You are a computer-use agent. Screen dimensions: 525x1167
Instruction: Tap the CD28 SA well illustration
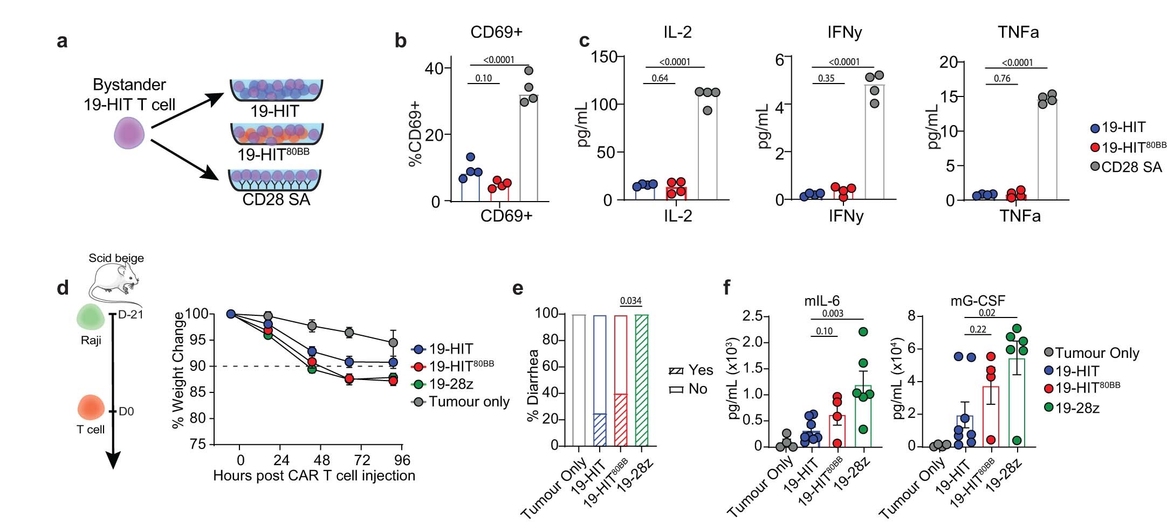[x=275, y=181]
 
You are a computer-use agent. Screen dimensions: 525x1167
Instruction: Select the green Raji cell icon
[x=90, y=317]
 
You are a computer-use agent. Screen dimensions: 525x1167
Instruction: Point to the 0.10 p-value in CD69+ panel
[x=483, y=78]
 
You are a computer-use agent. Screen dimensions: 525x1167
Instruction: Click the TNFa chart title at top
[x=1018, y=32]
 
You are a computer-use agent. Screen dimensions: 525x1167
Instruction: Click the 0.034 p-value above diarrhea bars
[x=630, y=301]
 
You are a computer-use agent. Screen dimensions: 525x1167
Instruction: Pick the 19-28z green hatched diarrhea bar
[x=642, y=380]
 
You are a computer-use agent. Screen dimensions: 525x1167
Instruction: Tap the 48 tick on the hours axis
[x=321, y=460]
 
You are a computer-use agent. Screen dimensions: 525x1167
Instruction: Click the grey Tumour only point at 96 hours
[x=393, y=342]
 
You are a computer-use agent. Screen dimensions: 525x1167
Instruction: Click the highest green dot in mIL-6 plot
[x=863, y=332]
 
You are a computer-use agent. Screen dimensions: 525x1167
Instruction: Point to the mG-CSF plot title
[x=977, y=301]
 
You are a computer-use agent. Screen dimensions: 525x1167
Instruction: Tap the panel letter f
[x=727, y=287]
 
